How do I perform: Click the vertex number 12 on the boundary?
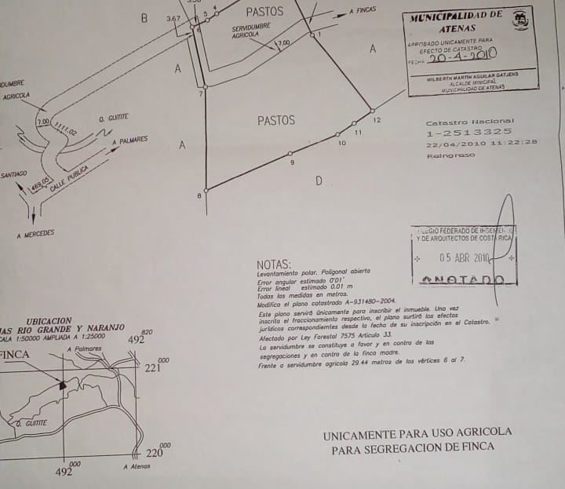pyautogui.click(x=377, y=120)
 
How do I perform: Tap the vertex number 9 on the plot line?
pyautogui.click(x=292, y=162)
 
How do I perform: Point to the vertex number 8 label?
pyautogui.click(x=199, y=195)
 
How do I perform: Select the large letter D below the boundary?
pyautogui.click(x=319, y=181)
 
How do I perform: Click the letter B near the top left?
pyautogui.click(x=144, y=18)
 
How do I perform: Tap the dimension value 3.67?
pyautogui.click(x=173, y=18)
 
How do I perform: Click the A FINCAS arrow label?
pyautogui.click(x=363, y=10)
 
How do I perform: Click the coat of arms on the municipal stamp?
pyautogui.click(x=520, y=20)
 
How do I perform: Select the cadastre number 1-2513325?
pyautogui.click(x=468, y=133)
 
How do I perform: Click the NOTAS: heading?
pyautogui.click(x=274, y=265)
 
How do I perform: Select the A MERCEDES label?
pyautogui.click(x=35, y=234)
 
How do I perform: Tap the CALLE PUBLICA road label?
pyautogui.click(x=68, y=178)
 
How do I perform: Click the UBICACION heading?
pyautogui.click(x=49, y=321)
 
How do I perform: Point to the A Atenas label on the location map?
pyautogui.click(x=137, y=466)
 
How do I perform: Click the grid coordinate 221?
pyautogui.click(x=152, y=367)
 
